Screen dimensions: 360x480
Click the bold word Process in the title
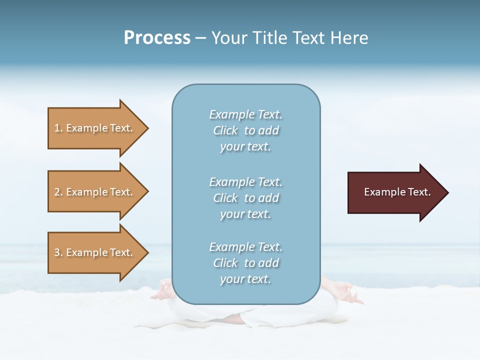click(x=157, y=38)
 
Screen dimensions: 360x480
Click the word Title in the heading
click(x=270, y=38)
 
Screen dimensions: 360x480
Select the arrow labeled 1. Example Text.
click(x=95, y=128)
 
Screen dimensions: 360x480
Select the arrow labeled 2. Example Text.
click(x=95, y=192)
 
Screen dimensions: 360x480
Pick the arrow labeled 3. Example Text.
click(x=95, y=252)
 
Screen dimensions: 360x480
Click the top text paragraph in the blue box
click(x=245, y=130)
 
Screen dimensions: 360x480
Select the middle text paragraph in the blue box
click(x=245, y=198)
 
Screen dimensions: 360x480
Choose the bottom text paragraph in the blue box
click(x=245, y=263)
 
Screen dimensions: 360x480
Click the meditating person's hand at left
click(x=162, y=291)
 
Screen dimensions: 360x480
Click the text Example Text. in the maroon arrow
click(x=397, y=192)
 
